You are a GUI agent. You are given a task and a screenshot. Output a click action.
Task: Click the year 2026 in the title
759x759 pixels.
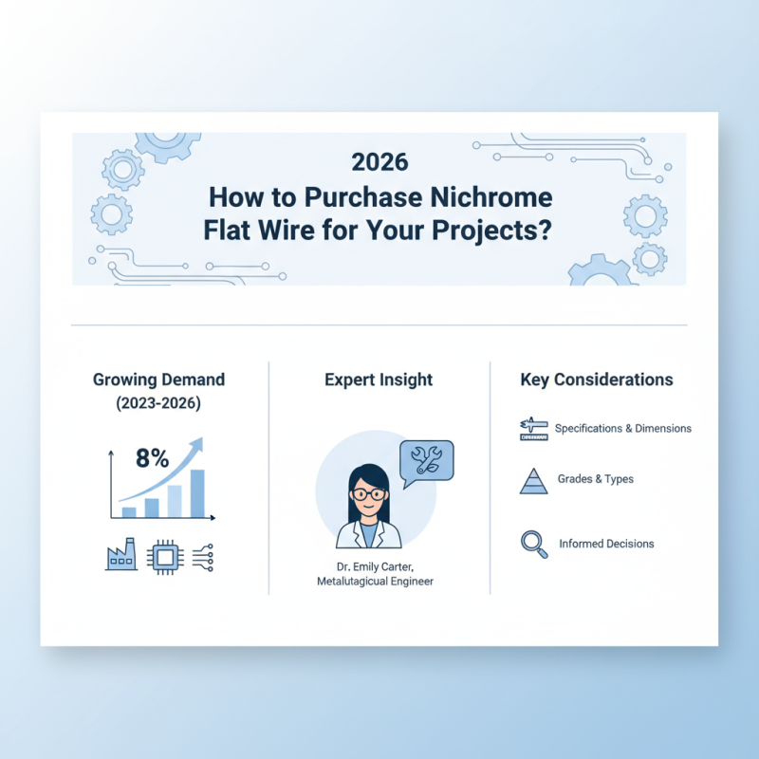click(x=379, y=161)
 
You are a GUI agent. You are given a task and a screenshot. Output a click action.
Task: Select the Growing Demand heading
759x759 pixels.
click(x=159, y=379)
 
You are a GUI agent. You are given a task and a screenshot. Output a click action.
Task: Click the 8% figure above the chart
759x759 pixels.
click(x=152, y=458)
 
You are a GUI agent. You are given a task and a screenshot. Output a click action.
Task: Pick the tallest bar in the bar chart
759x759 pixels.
click(x=197, y=492)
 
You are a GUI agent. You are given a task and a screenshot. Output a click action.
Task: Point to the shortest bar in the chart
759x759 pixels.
click(x=130, y=511)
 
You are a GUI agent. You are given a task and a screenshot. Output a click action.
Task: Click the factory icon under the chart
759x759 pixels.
click(x=120, y=557)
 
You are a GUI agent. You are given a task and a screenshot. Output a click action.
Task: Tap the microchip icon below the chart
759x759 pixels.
click(x=164, y=557)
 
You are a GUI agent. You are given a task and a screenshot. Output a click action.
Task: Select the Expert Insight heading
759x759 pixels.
click(x=379, y=379)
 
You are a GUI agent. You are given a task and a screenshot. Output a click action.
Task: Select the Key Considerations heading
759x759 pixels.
click(x=597, y=379)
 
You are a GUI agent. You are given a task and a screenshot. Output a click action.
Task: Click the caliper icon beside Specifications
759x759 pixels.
click(x=534, y=429)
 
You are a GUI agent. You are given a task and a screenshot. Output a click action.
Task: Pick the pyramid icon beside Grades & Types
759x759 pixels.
click(x=534, y=481)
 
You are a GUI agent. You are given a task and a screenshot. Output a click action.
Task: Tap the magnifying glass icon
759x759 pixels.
click(x=533, y=544)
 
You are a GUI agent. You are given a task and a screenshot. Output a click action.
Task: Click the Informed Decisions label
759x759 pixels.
click(x=606, y=544)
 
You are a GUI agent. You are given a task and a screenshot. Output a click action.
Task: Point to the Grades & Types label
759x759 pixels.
click(x=594, y=479)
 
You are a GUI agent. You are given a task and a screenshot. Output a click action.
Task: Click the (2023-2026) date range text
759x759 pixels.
click(x=159, y=403)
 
